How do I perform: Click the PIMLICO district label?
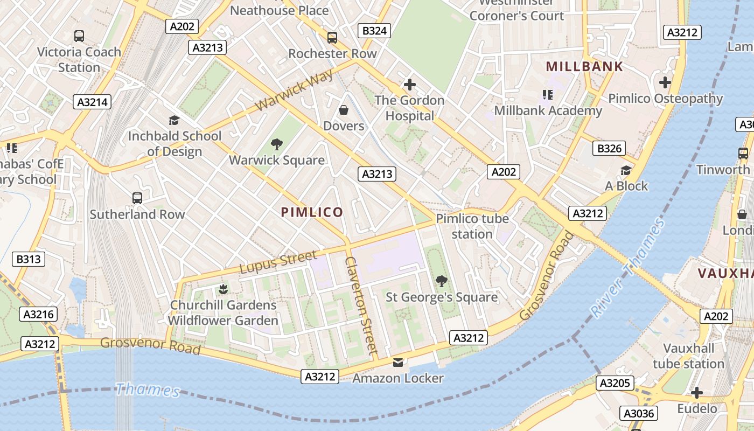312,212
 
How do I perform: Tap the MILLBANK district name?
584,67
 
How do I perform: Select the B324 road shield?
374,31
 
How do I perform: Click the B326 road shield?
609,148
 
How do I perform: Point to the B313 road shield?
29,259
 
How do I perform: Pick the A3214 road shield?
93,102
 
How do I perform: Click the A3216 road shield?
39,314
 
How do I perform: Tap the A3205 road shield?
614,383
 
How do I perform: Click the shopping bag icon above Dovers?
344,110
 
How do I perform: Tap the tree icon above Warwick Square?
277,144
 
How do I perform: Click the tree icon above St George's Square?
442,281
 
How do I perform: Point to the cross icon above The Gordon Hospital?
410,85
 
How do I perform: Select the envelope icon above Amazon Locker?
398,363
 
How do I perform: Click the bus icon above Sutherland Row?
137,198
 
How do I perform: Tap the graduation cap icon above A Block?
626,170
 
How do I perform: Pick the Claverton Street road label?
361,304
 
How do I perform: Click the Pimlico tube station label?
472,226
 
